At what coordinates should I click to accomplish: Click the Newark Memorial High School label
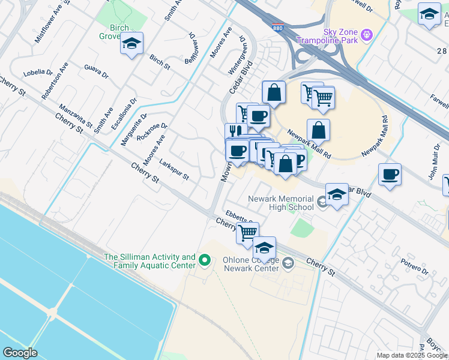point(281,203)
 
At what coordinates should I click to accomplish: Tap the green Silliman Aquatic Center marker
point(205,260)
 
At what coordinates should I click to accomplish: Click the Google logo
point(20,352)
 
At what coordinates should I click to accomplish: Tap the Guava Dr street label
point(96,71)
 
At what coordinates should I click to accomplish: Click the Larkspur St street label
point(174,170)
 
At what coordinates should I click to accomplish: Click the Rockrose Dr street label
point(152,131)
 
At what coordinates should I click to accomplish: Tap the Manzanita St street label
point(76,117)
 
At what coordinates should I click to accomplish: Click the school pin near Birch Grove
point(131,44)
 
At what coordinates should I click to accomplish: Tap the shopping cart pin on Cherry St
point(247,232)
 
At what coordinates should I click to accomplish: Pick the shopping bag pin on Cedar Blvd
point(286,163)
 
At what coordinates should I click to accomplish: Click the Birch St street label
point(160,62)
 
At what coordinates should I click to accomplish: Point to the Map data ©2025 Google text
point(412,355)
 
